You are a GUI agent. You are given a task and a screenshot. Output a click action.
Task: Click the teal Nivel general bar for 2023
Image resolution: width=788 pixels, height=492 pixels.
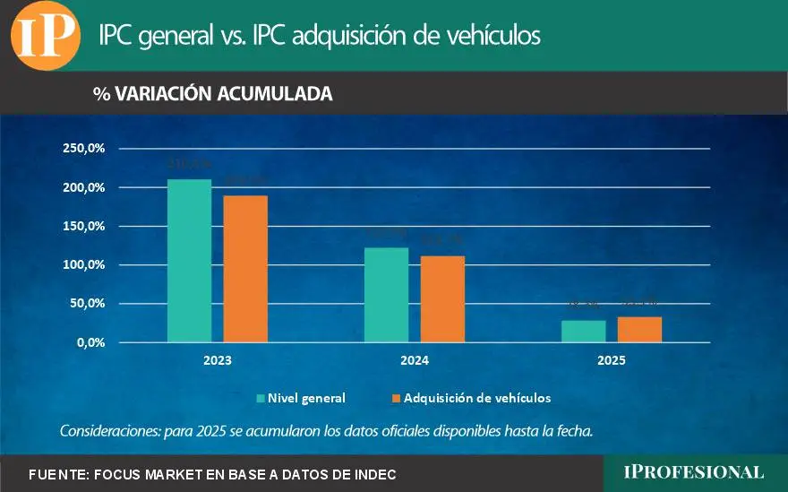(189, 261)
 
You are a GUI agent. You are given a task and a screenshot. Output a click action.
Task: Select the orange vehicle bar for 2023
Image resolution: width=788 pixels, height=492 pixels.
(245, 269)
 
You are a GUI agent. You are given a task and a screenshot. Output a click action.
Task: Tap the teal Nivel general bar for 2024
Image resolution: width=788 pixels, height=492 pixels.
(386, 295)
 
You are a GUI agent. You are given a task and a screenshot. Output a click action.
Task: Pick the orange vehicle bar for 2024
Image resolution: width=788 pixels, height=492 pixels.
(442, 299)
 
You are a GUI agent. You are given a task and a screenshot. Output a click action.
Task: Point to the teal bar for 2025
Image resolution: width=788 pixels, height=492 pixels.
(584, 332)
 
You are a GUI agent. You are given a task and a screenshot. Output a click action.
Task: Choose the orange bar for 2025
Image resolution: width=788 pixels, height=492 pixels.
(639, 330)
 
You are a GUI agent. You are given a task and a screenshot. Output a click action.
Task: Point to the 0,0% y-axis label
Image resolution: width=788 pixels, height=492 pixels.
(90, 342)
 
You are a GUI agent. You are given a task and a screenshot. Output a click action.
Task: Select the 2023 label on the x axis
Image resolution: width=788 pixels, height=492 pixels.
(217, 361)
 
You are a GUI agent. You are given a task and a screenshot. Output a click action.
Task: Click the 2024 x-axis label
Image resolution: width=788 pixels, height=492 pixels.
(414, 361)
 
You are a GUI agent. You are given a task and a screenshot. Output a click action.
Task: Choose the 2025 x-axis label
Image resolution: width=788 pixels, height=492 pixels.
(612, 361)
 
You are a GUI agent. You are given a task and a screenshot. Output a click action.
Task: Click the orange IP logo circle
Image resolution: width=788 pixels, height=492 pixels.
(45, 36)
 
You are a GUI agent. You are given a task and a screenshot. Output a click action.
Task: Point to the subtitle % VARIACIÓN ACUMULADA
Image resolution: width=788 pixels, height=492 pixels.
(213, 94)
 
